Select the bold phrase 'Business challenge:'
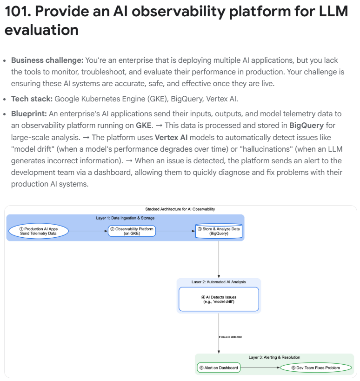[x=47, y=60]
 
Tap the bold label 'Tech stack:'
[x=32, y=99]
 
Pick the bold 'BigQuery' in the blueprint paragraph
[x=307, y=126]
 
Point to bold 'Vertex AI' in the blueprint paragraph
[x=173, y=138]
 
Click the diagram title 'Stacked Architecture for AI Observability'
[x=180, y=209]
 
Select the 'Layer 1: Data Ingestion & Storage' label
[x=125, y=218]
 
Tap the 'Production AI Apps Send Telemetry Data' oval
[x=38, y=231]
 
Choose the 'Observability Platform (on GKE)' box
[x=132, y=231]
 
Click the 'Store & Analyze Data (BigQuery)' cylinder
[x=219, y=231]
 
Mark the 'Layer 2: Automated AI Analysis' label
[x=219, y=282]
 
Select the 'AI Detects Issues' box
[x=219, y=299]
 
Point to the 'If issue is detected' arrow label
[x=230, y=337]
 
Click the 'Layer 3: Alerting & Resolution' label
[x=274, y=357]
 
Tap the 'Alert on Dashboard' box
[x=219, y=368]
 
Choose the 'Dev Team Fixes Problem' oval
[x=316, y=368]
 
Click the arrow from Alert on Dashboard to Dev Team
[x=260, y=368]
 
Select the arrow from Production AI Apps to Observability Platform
[x=88, y=231]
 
